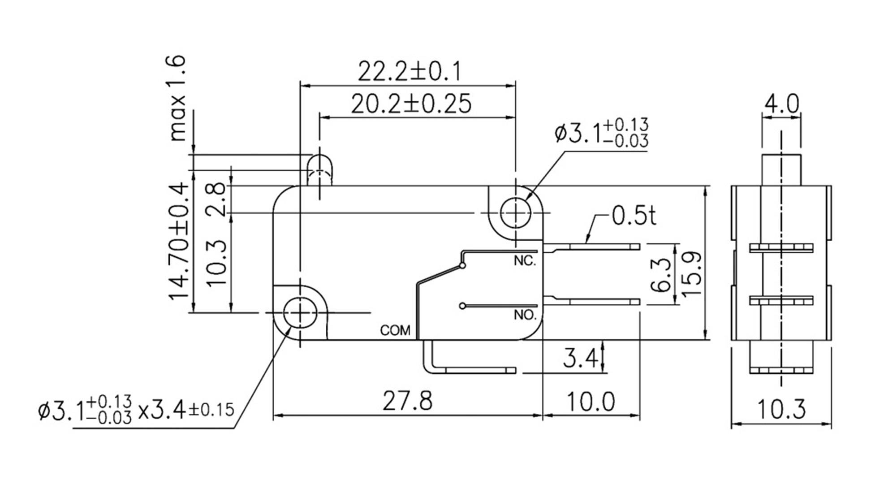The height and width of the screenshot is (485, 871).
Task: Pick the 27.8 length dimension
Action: (x=407, y=400)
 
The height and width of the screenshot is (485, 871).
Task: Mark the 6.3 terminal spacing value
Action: (x=662, y=274)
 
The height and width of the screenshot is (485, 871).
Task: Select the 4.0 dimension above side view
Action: (x=781, y=104)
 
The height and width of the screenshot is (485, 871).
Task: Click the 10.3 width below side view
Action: (x=781, y=409)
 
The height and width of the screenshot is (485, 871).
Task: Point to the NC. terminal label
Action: (x=525, y=261)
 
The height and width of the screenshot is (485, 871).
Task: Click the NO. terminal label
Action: (x=525, y=315)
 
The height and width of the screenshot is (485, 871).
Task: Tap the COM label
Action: (x=395, y=331)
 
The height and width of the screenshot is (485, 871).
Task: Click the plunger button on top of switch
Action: (x=319, y=170)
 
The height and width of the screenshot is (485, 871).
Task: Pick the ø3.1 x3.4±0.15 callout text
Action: (x=137, y=409)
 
